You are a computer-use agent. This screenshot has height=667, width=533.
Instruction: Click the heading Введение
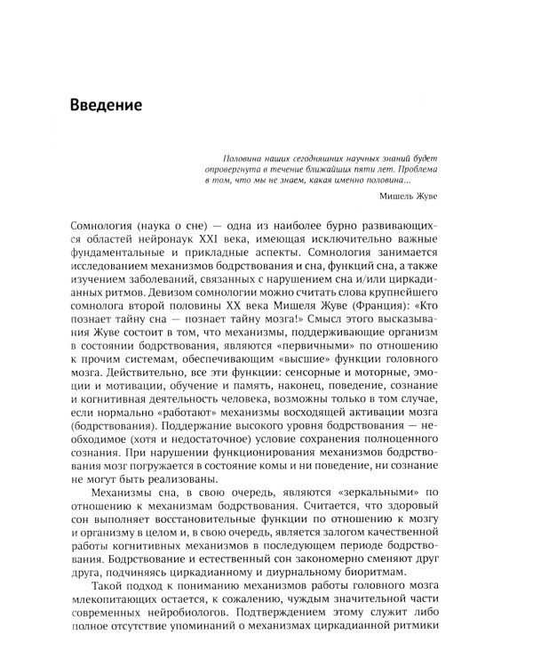108,106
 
